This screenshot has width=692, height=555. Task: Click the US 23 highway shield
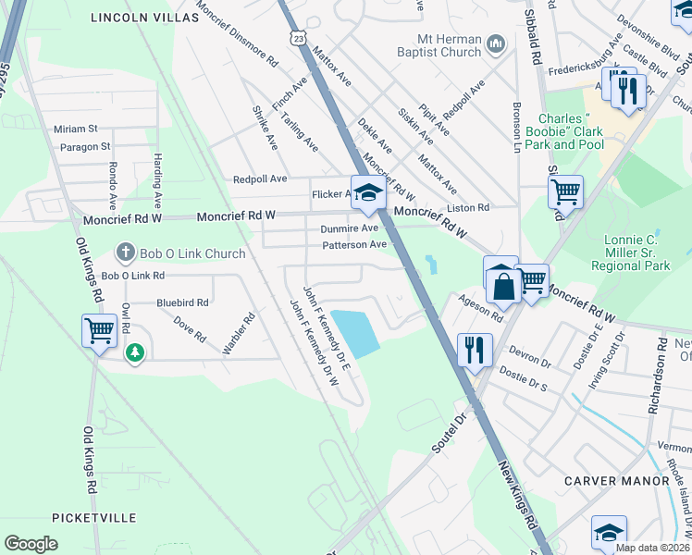pyautogui.click(x=296, y=36)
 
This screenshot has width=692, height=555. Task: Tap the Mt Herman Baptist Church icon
pyautogui.click(x=496, y=44)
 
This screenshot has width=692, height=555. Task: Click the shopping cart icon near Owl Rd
pyautogui.click(x=99, y=329)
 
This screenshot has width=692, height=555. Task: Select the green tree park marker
pyautogui.click(x=135, y=352)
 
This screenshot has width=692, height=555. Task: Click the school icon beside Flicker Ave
pyautogui.click(x=367, y=192)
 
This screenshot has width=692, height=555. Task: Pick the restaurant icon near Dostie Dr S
pyautogui.click(x=474, y=349)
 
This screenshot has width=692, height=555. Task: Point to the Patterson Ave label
pyautogui.click(x=353, y=245)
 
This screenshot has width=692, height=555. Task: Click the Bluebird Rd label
pyautogui.click(x=181, y=302)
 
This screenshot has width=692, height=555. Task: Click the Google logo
pyautogui.click(x=31, y=544)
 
